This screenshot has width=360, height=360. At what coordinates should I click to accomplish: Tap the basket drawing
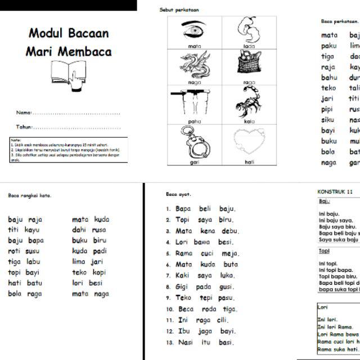[249, 64]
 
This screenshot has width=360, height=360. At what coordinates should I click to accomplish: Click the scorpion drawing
[249, 102]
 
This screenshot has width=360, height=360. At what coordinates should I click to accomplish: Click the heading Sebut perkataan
[179, 10]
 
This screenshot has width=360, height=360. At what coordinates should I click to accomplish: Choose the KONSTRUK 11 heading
[335, 191]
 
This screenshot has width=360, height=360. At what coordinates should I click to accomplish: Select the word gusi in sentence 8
[226, 287]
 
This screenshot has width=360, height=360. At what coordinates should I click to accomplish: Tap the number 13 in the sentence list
[168, 343]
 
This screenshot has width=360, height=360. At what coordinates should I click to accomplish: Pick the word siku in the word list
[328, 120]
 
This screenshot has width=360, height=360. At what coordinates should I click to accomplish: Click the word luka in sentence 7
[227, 276]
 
